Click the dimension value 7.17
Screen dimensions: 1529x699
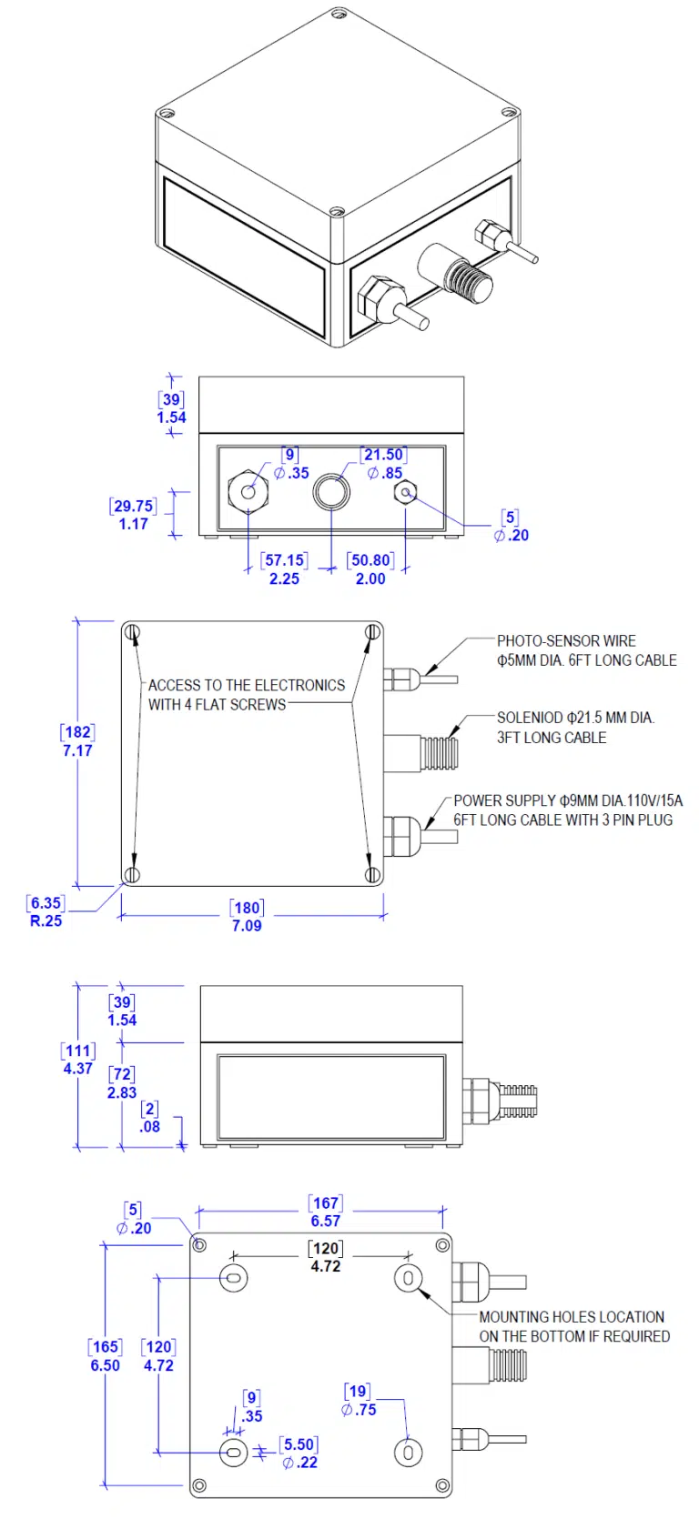77,750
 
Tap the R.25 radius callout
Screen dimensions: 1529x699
46,920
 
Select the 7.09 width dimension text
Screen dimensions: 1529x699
247,925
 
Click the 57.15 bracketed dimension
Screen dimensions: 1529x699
284,560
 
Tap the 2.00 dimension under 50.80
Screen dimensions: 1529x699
370,578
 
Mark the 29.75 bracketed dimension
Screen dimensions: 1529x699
133,506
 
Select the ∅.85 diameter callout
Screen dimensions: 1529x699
385,473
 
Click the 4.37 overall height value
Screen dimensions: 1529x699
77,1069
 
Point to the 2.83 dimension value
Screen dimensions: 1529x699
122,1092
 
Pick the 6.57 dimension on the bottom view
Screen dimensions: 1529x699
326,1222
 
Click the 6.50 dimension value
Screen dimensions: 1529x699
105,1365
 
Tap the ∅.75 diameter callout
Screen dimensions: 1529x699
359,1410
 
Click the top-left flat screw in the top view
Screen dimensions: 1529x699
133,632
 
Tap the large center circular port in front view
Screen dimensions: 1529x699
331,492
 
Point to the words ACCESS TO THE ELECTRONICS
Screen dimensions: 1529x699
247,685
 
